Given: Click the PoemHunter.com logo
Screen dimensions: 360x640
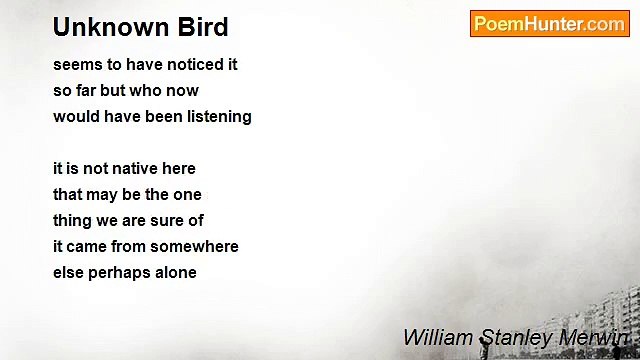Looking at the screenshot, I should point(549,24).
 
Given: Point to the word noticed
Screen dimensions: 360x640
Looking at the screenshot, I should point(181,64).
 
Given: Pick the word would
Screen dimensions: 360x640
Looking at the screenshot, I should point(76,116).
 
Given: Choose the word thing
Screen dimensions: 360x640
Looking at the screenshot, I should point(73,220).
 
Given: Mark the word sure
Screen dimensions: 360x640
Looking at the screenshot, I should point(167,220).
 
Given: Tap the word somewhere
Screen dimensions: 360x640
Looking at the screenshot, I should point(196,246).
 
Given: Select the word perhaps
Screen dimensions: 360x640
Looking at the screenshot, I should point(121,272).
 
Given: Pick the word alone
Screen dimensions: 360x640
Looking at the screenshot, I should point(175,272).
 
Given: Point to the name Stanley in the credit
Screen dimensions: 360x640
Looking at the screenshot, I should point(510,337).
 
